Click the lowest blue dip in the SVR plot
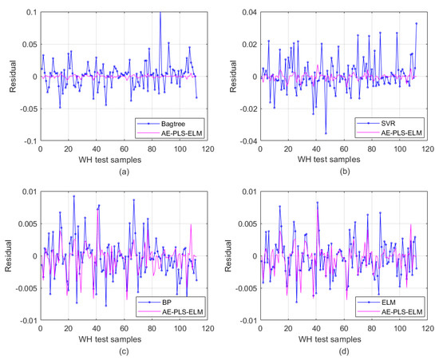(x=326, y=133)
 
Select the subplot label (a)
(x=124, y=172)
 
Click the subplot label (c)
(x=124, y=351)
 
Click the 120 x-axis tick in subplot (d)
(x=430, y=329)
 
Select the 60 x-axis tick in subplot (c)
(x=124, y=329)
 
